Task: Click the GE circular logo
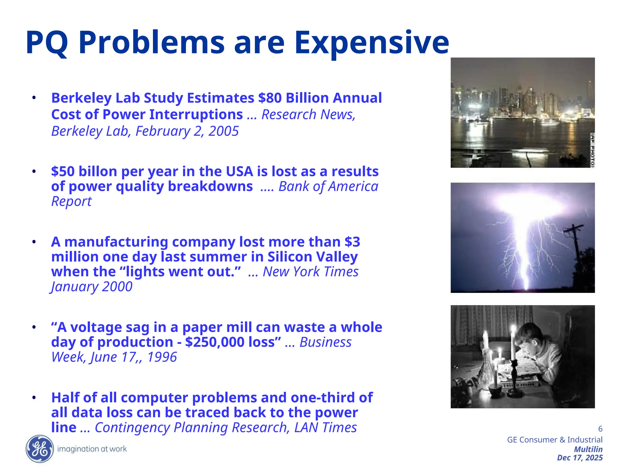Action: click(40, 449)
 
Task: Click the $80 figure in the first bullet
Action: click(270, 98)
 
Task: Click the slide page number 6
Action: click(600, 429)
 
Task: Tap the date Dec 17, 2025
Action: click(580, 458)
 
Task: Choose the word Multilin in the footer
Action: click(588, 449)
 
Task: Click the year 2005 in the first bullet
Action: click(223, 131)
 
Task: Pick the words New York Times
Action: click(311, 272)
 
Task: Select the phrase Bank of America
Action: click(328, 187)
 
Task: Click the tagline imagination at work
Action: click(92, 449)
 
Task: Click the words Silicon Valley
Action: click(312, 257)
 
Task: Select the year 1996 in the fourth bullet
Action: click(162, 357)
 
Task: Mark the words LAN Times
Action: click(325, 427)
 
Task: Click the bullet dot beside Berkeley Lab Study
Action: click(34, 98)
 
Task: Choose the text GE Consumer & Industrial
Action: click(555, 440)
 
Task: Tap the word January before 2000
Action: click(75, 287)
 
